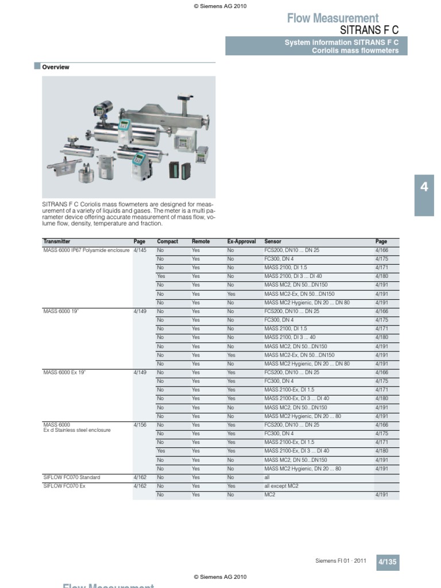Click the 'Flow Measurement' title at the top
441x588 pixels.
pyautogui.click(x=332, y=18)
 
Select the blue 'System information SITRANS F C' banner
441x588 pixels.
pyautogui.click(x=316, y=46)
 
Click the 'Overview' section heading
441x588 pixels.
pyautogui.click(x=56, y=67)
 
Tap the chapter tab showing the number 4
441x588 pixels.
pyautogui.click(x=424, y=187)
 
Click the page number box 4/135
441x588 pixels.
pyautogui.click(x=388, y=562)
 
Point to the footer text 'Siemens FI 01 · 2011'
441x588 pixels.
pyautogui.click(x=341, y=561)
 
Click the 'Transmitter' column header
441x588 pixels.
pyautogui.click(x=57, y=242)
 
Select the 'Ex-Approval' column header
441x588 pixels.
pyautogui.click(x=241, y=242)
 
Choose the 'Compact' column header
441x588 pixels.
pyautogui.click(x=168, y=242)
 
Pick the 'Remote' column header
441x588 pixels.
pyautogui.click(x=200, y=242)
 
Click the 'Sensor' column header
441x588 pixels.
pyautogui.click(x=273, y=242)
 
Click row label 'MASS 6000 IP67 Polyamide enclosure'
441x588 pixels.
pyautogui.click(x=87, y=250)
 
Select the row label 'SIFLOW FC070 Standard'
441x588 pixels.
pyautogui.click(x=72, y=477)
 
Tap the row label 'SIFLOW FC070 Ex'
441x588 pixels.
pyautogui.click(x=64, y=486)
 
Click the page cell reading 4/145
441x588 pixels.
pyautogui.click(x=140, y=250)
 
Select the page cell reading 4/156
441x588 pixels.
pyautogui.click(x=140, y=425)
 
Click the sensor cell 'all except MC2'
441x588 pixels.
pyautogui.click(x=281, y=486)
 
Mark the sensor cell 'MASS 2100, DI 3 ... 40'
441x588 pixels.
pyautogui.click(x=289, y=338)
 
